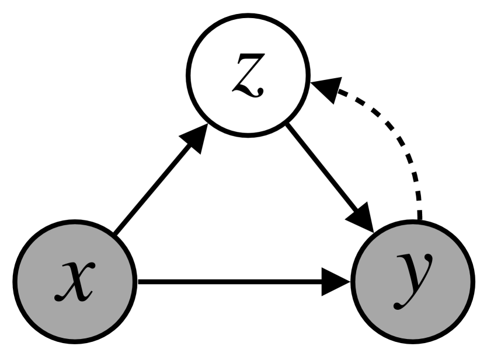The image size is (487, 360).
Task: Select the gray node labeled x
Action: point(74,282)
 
